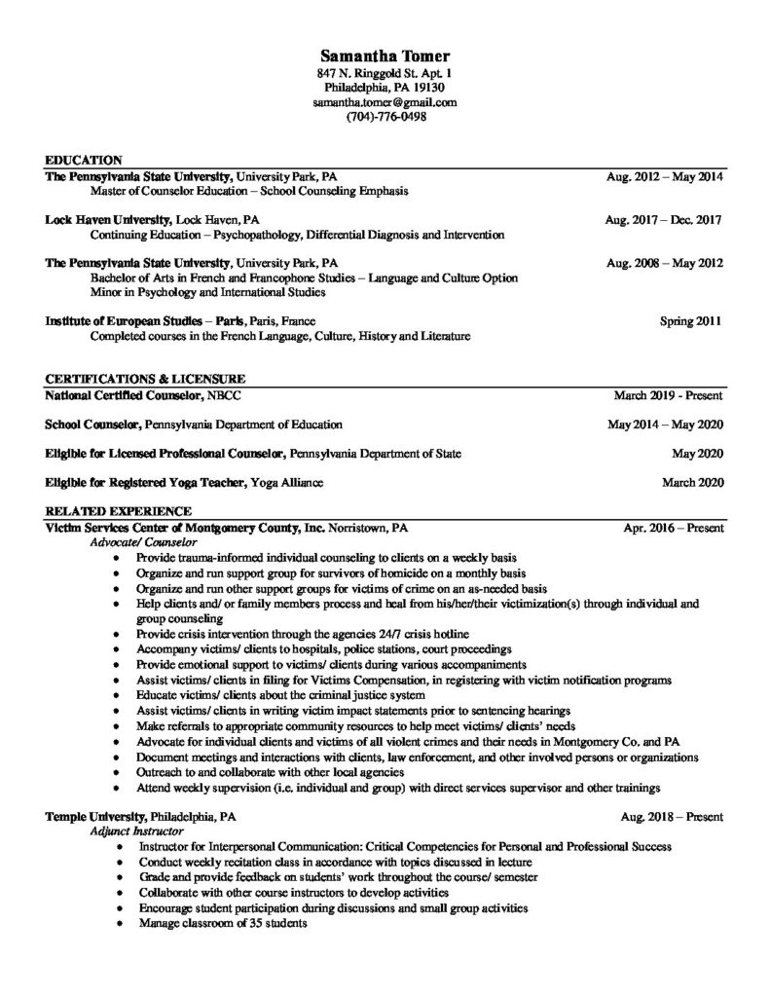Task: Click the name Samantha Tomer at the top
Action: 385,55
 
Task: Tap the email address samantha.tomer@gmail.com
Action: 385,102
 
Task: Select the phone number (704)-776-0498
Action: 385,117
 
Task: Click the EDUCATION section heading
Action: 84,160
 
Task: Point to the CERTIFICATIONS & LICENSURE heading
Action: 145,378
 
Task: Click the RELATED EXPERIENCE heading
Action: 119,510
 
